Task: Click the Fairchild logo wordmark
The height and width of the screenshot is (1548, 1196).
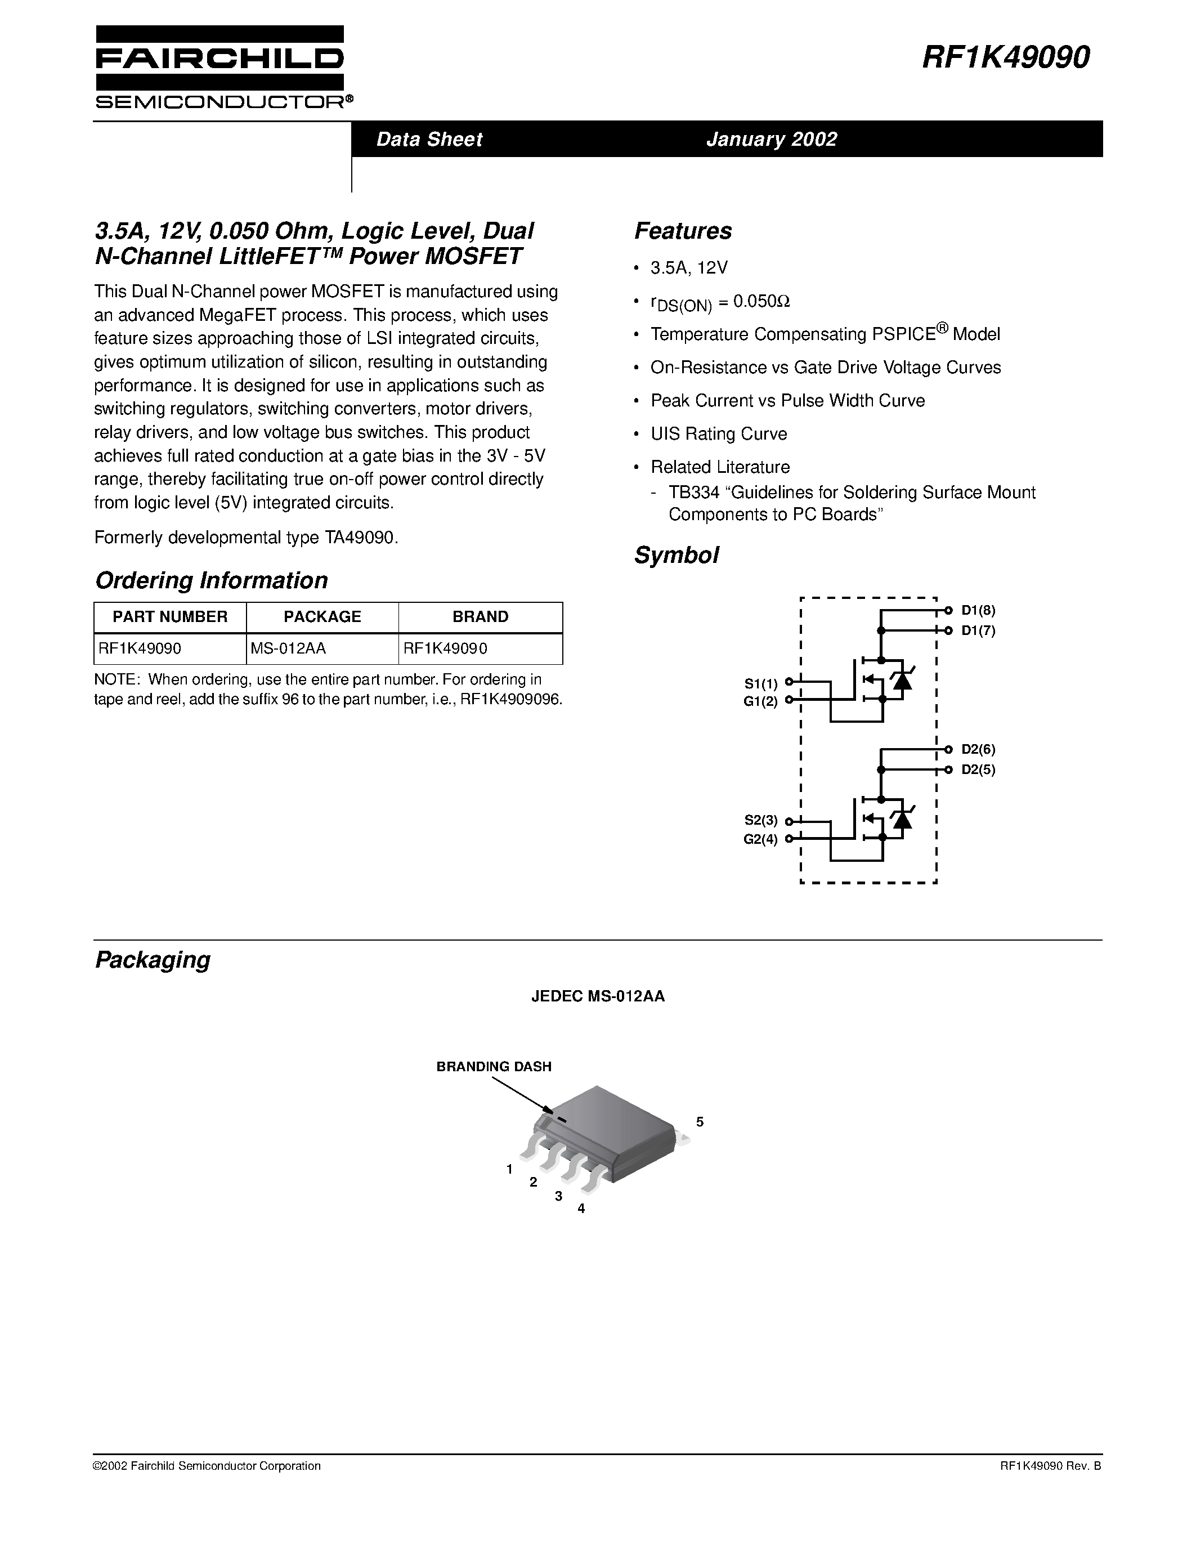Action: coord(220,59)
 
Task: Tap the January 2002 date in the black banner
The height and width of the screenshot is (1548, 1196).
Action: coord(772,139)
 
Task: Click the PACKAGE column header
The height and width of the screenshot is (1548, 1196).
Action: coord(322,616)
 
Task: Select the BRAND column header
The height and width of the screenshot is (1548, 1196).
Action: coord(481,616)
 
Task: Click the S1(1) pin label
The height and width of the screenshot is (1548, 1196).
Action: coord(761,683)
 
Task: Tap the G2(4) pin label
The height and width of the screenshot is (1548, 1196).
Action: coord(760,839)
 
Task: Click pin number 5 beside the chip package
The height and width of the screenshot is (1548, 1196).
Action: coord(700,1122)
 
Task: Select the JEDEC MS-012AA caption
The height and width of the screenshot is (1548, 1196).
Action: coord(598,996)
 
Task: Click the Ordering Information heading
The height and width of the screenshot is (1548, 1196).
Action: coord(211,580)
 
